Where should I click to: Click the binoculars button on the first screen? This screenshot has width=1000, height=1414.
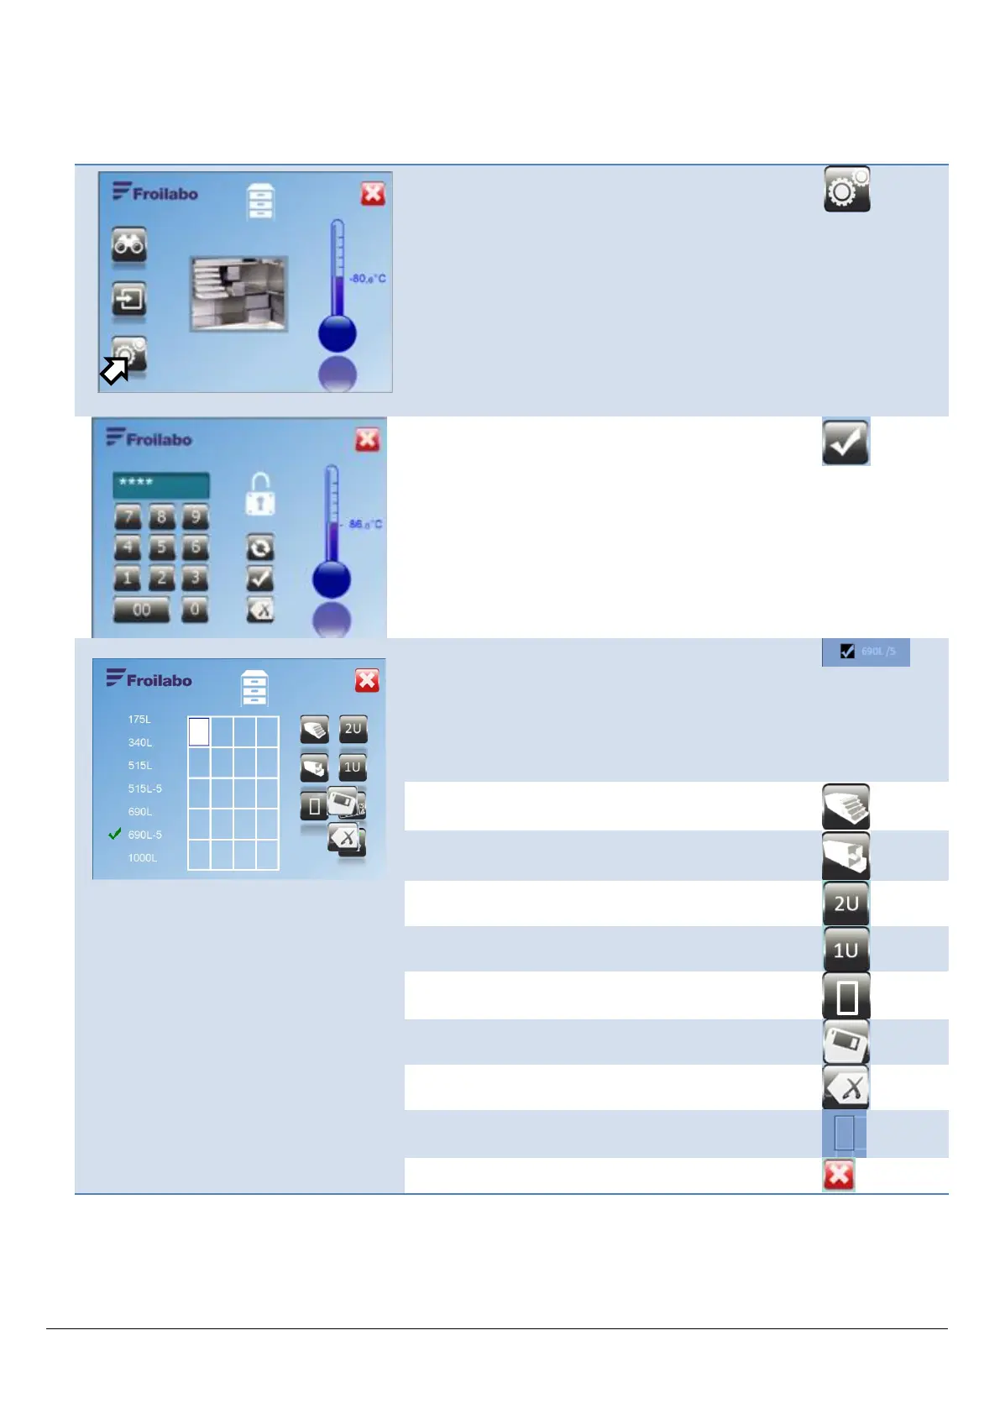coord(128,244)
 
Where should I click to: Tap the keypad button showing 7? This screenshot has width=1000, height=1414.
coord(128,516)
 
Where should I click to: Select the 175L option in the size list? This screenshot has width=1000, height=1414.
coord(139,720)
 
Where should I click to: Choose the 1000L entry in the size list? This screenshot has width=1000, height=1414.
coord(142,858)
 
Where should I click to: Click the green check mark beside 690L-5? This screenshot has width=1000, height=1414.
coord(115,834)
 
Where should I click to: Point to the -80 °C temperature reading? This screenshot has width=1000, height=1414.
coord(368,279)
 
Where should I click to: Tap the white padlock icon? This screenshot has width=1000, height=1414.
coord(260,495)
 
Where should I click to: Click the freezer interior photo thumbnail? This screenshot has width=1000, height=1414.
coord(239,294)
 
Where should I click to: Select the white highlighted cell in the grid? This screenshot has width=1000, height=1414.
coord(199,731)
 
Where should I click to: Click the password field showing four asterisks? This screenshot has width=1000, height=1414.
coord(160,484)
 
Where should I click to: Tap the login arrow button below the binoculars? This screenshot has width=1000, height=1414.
coord(128,299)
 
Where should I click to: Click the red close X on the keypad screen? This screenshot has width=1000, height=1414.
coord(367,440)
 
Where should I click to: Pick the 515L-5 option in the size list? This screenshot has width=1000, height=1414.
coord(144,788)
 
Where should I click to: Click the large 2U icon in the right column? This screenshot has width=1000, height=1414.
coord(846,903)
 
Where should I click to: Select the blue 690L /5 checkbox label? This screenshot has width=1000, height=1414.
coord(866,652)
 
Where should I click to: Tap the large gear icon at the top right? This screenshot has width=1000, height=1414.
coord(846,189)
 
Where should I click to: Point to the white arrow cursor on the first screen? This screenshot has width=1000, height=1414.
coord(114,370)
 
